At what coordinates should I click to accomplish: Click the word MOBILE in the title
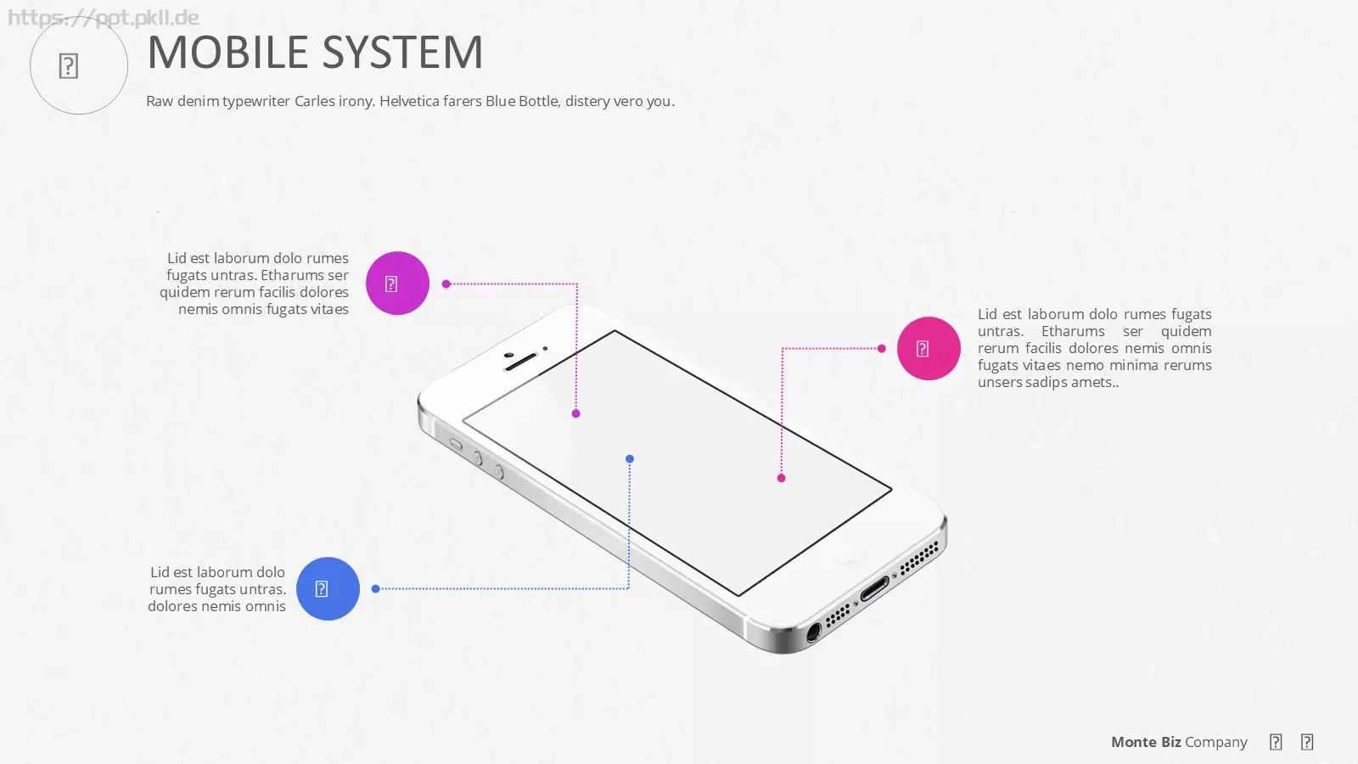coord(228,52)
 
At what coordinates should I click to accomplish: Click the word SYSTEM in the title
coord(402,52)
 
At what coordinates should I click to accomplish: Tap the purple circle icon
coord(398,284)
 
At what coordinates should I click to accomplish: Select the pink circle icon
coord(929,349)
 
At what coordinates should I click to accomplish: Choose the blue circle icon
coord(328,589)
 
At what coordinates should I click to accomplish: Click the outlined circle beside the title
coord(79,65)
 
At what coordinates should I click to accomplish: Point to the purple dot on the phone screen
coord(576,413)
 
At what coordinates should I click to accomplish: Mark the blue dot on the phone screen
coord(630,459)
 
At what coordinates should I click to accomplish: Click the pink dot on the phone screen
coord(782,478)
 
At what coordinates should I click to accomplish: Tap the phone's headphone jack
coord(813,632)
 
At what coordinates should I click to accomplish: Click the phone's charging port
coord(875,589)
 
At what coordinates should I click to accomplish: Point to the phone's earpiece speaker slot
coord(521,362)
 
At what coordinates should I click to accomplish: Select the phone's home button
coord(845,556)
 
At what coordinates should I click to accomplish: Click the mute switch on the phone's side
coord(456,445)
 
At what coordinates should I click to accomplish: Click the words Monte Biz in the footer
coord(1146,742)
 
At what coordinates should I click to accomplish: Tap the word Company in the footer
coord(1216,743)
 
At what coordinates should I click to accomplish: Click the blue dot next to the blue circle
coord(376,589)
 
